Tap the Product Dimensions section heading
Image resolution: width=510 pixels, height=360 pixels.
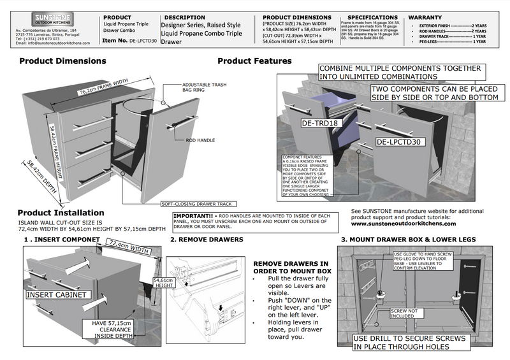pos(62,61)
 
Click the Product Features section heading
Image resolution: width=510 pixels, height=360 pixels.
pos(254,61)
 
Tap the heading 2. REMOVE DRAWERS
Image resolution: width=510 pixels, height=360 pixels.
pos(207,239)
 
